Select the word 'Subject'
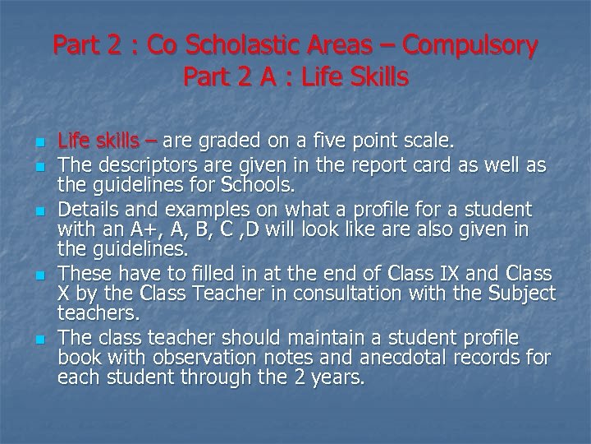pos(519,293)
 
